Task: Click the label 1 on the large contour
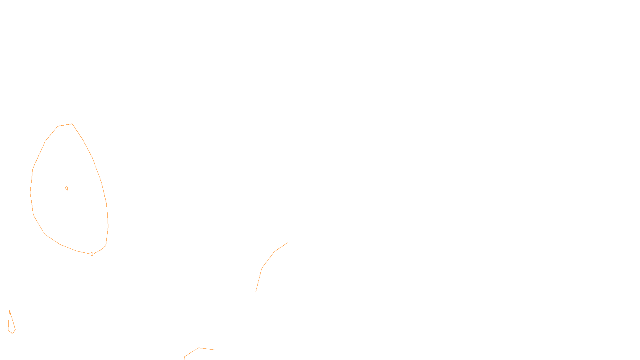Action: click(x=92, y=254)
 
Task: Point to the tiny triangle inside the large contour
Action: click(x=66, y=188)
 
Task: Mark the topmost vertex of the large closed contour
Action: click(x=72, y=124)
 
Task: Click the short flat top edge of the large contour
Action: click(x=65, y=125)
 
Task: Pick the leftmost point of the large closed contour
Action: click(x=30, y=193)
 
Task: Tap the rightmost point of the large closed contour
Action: click(x=108, y=226)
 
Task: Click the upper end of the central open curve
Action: click(x=288, y=243)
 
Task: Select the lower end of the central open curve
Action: click(x=256, y=291)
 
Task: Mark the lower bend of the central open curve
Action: click(x=262, y=268)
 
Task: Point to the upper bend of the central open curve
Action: click(x=275, y=252)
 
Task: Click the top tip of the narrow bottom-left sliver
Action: click(x=10, y=311)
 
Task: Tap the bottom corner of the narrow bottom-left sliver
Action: click(x=13, y=333)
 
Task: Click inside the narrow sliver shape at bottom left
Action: click(x=11, y=326)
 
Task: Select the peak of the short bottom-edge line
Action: click(x=199, y=348)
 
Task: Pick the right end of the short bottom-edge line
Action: click(x=214, y=350)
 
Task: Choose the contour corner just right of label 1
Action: click(x=100, y=251)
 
